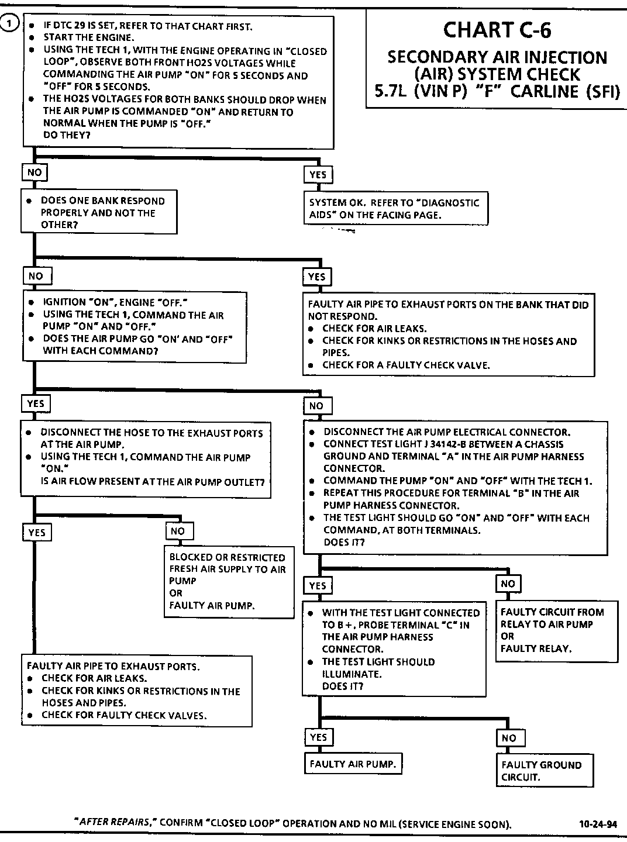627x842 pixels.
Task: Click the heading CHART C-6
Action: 497,30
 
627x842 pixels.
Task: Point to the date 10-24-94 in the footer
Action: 597,824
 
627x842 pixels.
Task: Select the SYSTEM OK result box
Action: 395,209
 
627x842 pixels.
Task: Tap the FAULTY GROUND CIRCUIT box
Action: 543,771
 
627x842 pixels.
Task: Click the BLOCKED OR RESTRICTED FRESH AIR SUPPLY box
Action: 229,581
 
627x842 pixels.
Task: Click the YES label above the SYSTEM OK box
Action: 318,174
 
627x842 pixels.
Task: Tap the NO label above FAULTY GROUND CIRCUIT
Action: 509,738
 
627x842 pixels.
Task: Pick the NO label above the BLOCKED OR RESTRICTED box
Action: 178,531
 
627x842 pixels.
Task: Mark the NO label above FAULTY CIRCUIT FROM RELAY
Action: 508,584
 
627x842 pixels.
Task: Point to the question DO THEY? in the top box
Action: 67,135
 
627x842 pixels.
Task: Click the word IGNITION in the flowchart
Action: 64,302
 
